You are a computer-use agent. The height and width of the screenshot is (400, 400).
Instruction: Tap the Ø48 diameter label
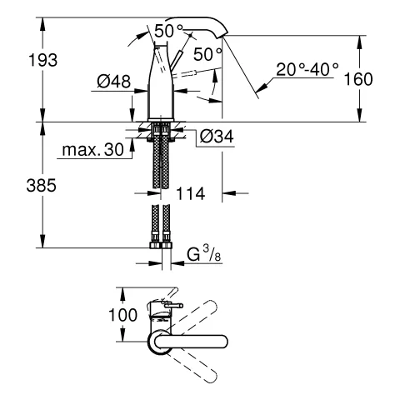pyautogui.click(x=109, y=82)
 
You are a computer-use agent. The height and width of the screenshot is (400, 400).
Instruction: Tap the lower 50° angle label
pyautogui.click(x=208, y=54)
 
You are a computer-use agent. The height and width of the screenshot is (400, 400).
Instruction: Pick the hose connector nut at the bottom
pyautogui.click(x=160, y=247)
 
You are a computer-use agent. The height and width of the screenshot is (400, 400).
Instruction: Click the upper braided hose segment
pyautogui.click(x=160, y=158)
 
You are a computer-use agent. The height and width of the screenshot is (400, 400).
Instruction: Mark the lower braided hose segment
pyautogui.click(x=160, y=225)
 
